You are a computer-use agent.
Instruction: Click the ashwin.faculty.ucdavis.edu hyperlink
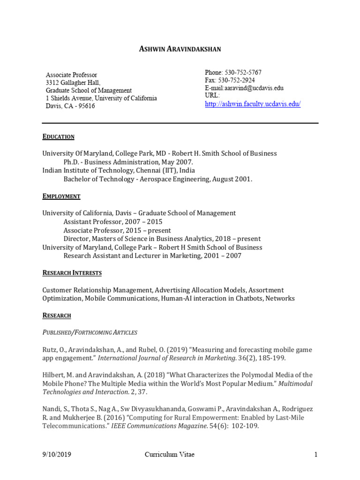[253, 104]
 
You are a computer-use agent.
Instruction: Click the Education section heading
[58, 137]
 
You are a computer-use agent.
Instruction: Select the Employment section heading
[61, 196]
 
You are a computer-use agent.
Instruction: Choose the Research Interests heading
[72, 273]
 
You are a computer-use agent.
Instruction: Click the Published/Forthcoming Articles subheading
[90, 332]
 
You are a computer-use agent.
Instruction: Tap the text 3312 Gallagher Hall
[72, 82]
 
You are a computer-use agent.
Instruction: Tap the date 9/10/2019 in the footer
[57, 455]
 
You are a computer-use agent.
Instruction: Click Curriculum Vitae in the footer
[169, 455]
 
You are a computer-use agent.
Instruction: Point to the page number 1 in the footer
[316, 455]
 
